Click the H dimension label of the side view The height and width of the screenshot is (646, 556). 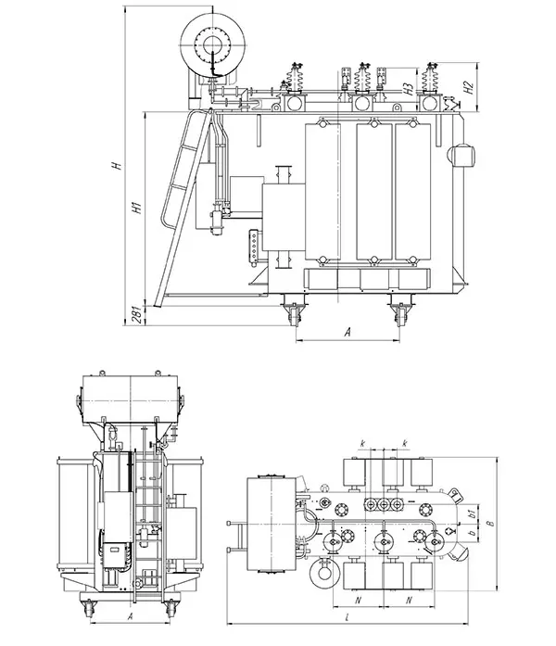(116, 166)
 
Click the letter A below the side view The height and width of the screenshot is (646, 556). (347, 331)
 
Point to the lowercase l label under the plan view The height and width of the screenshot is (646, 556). (346, 615)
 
